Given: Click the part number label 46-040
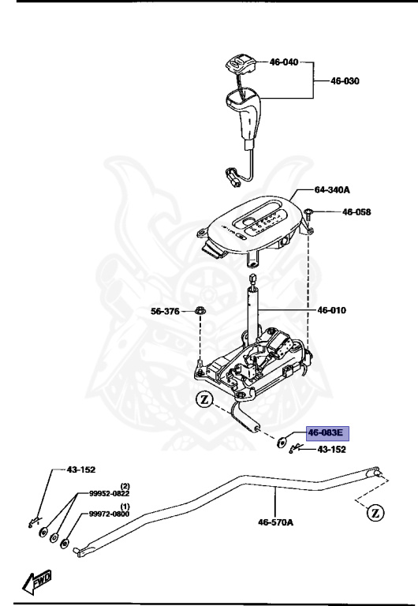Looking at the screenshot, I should point(285,61).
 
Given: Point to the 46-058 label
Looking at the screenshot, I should point(356,212).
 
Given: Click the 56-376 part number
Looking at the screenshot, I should point(166,312).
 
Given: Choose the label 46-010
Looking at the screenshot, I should point(333,311).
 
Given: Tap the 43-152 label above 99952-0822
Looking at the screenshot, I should point(80,469).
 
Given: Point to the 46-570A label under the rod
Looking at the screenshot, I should point(275,522).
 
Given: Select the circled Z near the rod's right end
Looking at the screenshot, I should point(375,514).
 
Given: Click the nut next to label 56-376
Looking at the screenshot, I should point(200,312).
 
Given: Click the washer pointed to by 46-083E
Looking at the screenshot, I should point(282,443).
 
